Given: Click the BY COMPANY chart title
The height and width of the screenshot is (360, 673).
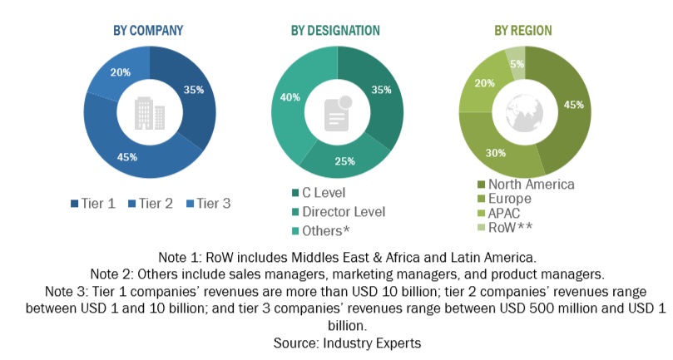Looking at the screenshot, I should point(148,31).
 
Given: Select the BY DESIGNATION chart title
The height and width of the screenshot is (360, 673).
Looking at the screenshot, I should point(335,31).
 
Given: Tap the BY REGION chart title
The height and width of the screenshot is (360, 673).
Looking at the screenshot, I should point(523,31).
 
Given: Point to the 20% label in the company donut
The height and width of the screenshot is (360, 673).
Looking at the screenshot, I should point(121,72).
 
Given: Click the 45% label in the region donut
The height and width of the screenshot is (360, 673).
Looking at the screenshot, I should point(573,106).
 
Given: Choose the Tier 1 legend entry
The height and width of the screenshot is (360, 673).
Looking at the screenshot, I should point(94,204).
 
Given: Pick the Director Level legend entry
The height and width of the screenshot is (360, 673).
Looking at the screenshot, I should point(344,212).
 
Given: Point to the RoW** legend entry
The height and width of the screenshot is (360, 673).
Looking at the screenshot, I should point(506,228).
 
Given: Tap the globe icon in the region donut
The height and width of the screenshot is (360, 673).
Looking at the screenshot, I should point(524,111).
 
